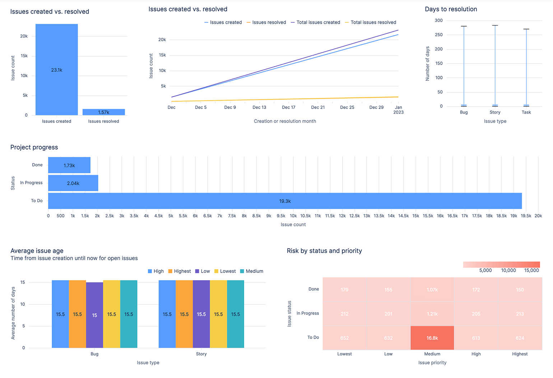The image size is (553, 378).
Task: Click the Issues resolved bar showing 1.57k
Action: (x=103, y=112)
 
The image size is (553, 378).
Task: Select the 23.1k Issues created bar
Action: (x=57, y=70)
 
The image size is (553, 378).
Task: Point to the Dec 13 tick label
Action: (x=259, y=107)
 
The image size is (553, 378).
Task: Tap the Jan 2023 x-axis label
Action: (x=398, y=110)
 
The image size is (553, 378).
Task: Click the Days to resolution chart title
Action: (x=451, y=9)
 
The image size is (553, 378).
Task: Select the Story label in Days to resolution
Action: (x=495, y=112)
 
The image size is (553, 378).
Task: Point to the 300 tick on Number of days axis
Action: (x=438, y=20)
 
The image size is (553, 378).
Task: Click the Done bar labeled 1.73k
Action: (x=69, y=165)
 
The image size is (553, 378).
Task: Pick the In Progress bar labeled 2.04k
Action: (x=73, y=183)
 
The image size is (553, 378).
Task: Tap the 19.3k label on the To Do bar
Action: (x=285, y=201)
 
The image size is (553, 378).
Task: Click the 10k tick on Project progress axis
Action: (x=293, y=216)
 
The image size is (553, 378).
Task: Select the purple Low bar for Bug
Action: (x=94, y=315)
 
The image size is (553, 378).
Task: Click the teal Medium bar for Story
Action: (x=236, y=314)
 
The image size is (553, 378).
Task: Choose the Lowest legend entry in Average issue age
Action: (x=225, y=271)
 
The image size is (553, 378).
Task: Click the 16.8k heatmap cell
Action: (x=432, y=338)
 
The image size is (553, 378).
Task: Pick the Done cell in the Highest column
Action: (x=520, y=289)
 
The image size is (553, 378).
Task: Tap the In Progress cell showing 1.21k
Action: (x=432, y=314)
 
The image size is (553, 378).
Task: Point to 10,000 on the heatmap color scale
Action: (x=508, y=270)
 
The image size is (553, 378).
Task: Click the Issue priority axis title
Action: (x=432, y=363)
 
